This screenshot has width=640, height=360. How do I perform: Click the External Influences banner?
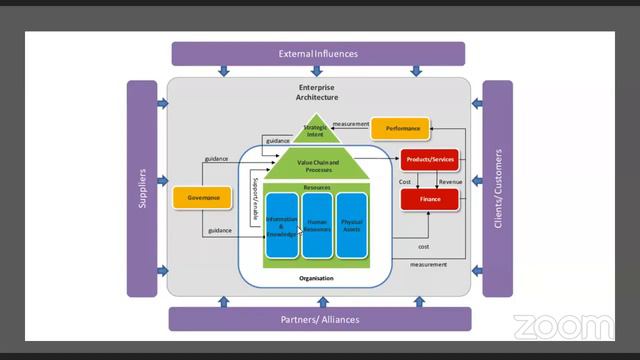pyautogui.click(x=318, y=54)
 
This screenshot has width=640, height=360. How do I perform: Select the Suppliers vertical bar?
pyautogui.click(x=142, y=188)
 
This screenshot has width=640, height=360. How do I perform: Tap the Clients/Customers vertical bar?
pyautogui.click(x=498, y=188)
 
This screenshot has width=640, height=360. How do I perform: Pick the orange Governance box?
pyautogui.click(x=203, y=198)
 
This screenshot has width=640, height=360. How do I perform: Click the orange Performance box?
pyautogui.click(x=402, y=129)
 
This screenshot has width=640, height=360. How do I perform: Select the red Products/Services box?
pyautogui.click(x=429, y=159)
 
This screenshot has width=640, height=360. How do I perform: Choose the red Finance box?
pyautogui.click(x=429, y=199)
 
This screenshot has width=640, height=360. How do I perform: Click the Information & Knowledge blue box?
pyautogui.click(x=282, y=226)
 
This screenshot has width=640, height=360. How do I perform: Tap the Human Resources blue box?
pyautogui.click(x=317, y=226)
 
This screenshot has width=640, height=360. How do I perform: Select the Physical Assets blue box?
pyautogui.click(x=352, y=226)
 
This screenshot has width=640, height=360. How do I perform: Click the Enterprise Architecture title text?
pyautogui.click(x=317, y=92)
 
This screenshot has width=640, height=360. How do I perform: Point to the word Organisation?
pyautogui.click(x=316, y=278)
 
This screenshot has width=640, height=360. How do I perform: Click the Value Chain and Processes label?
pyautogui.click(x=318, y=166)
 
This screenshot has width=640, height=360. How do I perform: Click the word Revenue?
pyautogui.click(x=450, y=182)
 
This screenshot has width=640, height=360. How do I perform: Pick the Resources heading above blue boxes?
pyautogui.click(x=317, y=187)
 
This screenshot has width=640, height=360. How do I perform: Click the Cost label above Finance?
pyautogui.click(x=405, y=182)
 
